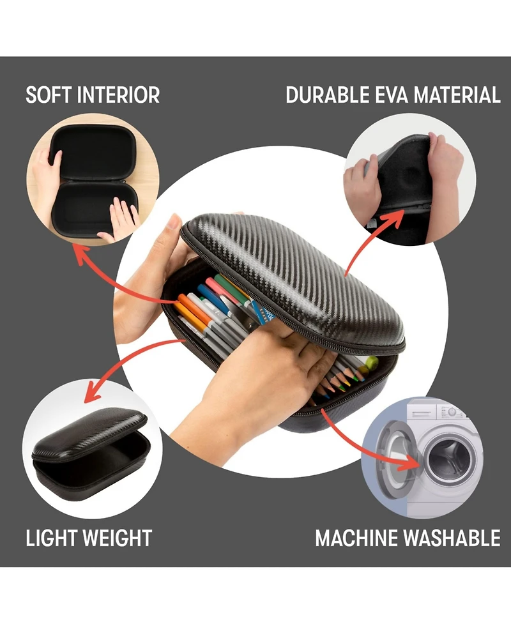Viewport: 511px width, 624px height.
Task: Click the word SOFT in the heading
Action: [x=49, y=95]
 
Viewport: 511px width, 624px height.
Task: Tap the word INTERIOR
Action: [x=118, y=95]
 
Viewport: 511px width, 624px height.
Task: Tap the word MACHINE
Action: [x=356, y=538]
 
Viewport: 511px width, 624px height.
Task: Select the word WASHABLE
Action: [x=452, y=538]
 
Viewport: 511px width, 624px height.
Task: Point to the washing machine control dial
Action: [x=452, y=412]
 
